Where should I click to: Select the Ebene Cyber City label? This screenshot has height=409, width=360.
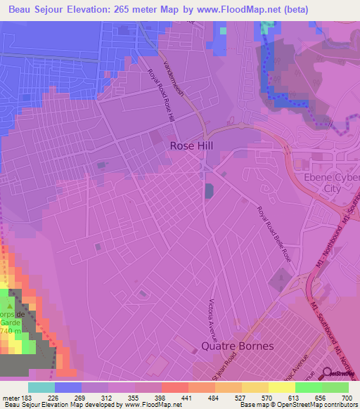click(326, 183)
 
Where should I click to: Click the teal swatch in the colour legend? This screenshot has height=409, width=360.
click(41, 387)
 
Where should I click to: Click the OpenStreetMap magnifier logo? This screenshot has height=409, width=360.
click(327, 373)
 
